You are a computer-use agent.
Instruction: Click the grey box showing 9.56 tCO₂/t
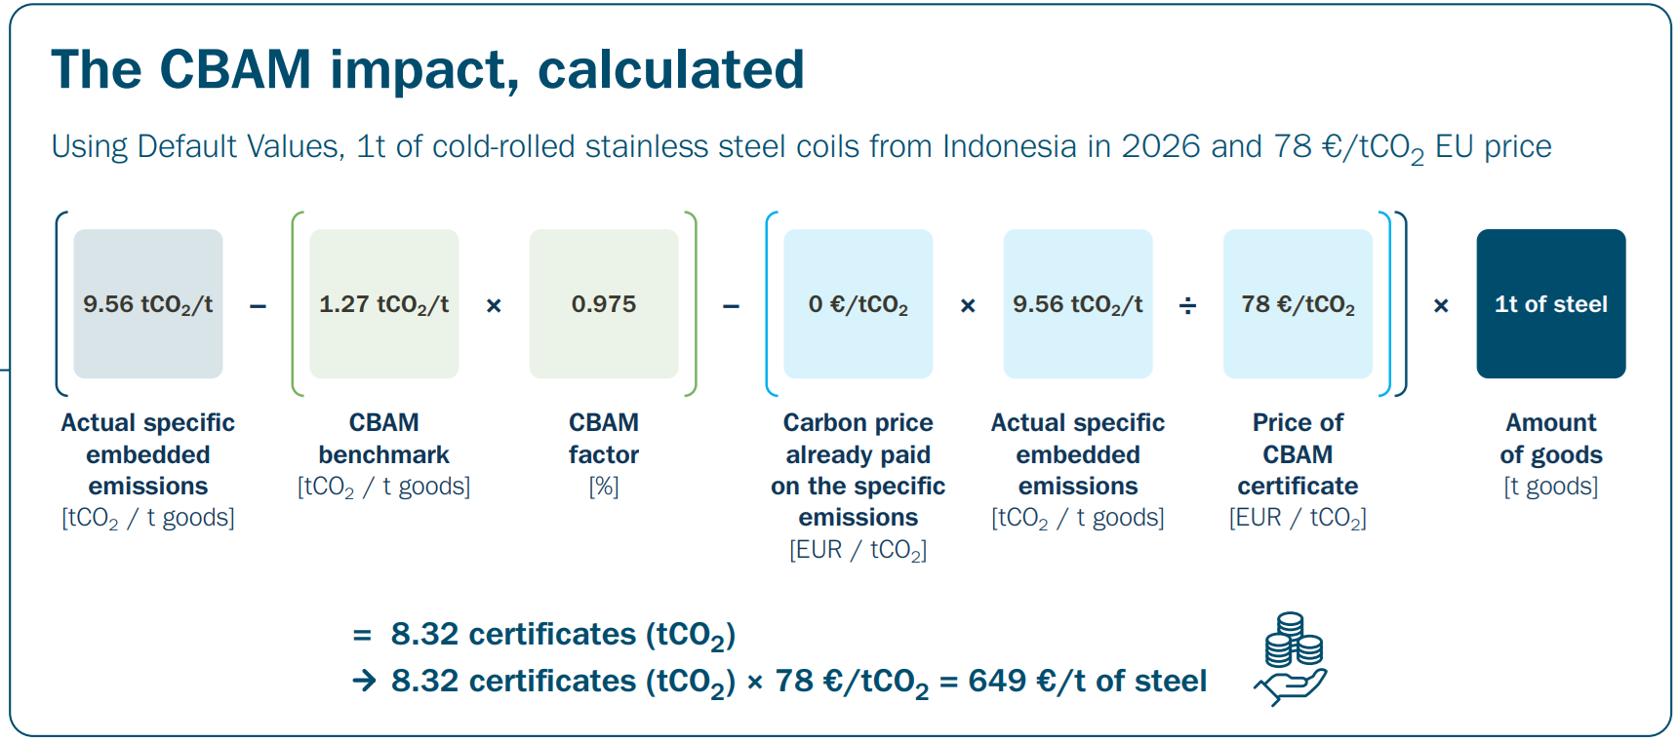(x=148, y=304)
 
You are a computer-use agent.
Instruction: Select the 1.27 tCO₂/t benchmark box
(x=383, y=304)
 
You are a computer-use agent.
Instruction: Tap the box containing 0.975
(x=604, y=304)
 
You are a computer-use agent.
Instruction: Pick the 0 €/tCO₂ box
(x=858, y=304)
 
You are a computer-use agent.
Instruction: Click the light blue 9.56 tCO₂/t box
(x=1078, y=304)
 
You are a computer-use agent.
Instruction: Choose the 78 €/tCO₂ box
(x=1298, y=304)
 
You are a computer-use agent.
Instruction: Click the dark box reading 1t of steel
(x=1550, y=304)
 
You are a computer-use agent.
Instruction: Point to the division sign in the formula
(x=1187, y=306)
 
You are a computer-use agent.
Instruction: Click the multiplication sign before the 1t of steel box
(x=1441, y=306)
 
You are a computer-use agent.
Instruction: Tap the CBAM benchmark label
(x=383, y=439)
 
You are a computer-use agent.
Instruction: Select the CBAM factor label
(x=604, y=439)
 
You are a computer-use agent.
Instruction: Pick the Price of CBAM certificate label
(x=1298, y=454)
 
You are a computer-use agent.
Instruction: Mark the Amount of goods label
(x=1550, y=439)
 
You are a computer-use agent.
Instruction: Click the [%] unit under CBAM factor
(x=604, y=487)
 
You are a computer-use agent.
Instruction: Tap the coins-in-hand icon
(x=1292, y=658)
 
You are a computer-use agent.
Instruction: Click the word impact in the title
(x=423, y=70)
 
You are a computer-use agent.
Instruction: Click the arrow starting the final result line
(x=364, y=681)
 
